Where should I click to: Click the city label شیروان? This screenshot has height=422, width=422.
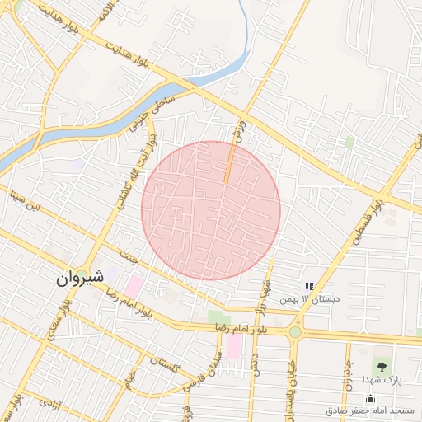click(x=80, y=278)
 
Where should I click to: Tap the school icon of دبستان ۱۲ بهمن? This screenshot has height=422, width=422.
click(x=309, y=285)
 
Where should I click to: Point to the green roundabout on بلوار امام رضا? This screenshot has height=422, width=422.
click(x=294, y=332)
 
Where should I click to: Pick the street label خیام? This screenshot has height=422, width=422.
click(x=128, y=382)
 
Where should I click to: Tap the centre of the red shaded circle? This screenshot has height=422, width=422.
click(x=211, y=210)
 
